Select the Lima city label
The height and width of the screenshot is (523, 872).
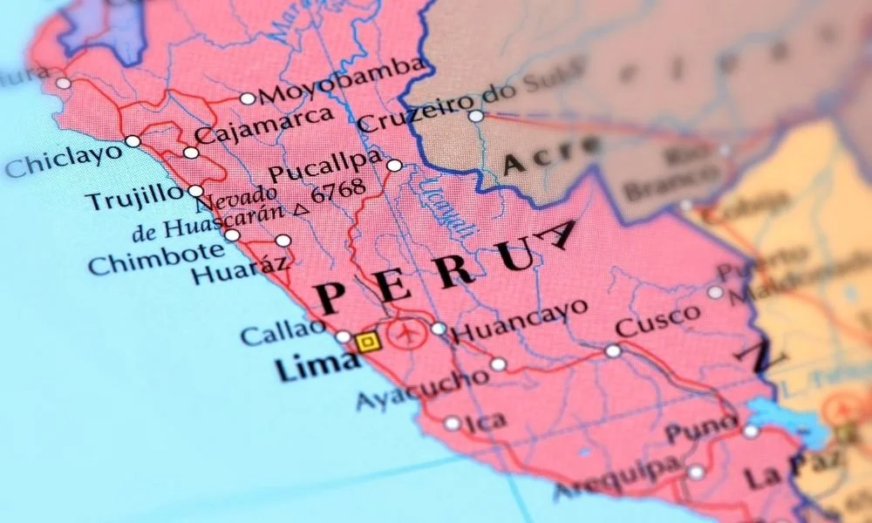click(x=306, y=369)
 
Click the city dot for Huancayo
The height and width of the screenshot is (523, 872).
click(x=438, y=329)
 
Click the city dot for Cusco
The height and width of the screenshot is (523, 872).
click(x=613, y=351)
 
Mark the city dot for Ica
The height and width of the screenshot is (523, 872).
click(x=452, y=424)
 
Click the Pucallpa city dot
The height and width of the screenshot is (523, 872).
click(x=394, y=166)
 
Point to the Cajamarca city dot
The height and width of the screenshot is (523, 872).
click(x=191, y=153)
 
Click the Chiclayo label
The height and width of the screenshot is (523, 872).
click(x=63, y=160)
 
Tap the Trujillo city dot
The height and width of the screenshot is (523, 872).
click(x=195, y=191)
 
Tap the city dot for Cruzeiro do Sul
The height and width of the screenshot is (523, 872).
click(x=475, y=116)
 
